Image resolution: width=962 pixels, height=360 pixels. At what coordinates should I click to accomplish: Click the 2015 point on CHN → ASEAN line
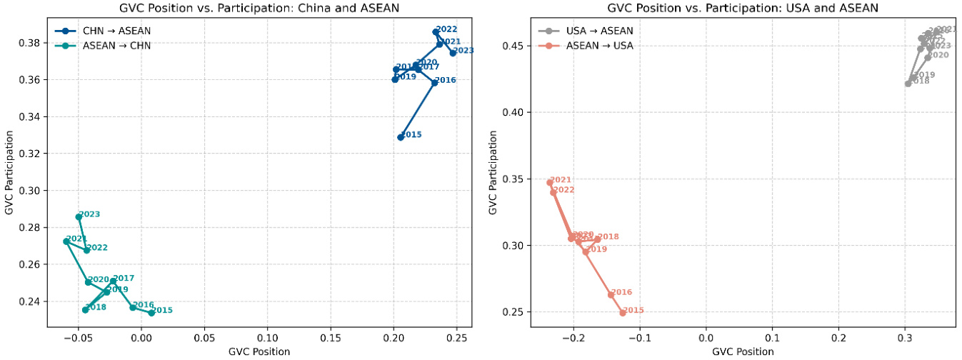point(401,137)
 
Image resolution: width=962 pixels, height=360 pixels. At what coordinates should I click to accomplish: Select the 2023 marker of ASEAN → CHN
point(79,216)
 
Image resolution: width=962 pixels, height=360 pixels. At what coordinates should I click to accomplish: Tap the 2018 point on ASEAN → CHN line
point(85,309)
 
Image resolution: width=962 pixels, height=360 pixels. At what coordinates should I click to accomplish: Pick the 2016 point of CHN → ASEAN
point(434,83)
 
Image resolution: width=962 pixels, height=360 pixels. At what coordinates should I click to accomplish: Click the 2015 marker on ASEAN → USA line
point(623,313)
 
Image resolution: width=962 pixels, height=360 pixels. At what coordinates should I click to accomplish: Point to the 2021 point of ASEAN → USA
point(550,182)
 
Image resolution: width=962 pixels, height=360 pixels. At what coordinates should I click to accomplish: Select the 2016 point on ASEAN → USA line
point(611,294)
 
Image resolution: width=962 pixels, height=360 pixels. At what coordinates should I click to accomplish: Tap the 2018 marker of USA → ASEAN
point(908,84)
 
